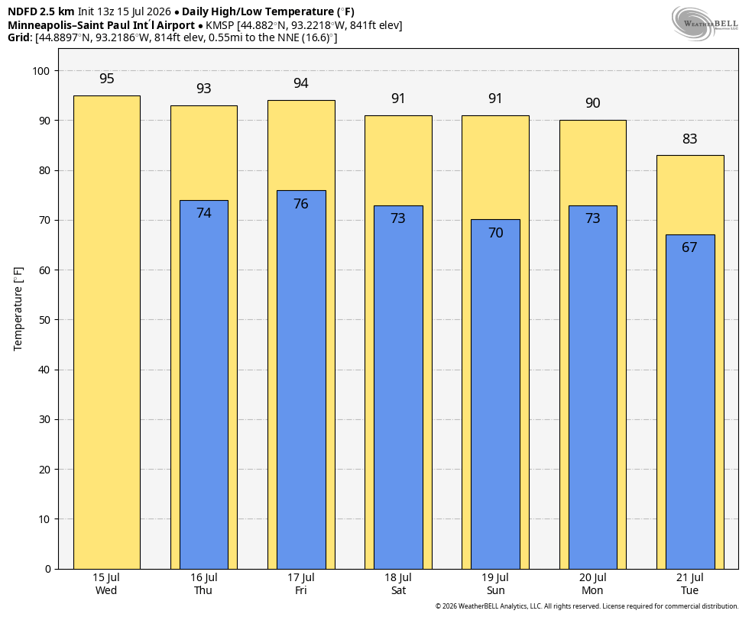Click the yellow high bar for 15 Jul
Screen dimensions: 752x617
tap(107, 332)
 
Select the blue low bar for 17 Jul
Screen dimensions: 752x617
tap(301, 380)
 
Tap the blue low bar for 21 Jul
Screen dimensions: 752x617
tap(690, 402)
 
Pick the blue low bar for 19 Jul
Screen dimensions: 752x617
tap(495, 394)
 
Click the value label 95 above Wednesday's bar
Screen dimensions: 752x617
tap(107, 79)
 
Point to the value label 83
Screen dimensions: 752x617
tap(689, 138)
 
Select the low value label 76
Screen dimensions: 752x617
tap(300, 204)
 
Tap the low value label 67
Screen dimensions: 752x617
tap(689, 247)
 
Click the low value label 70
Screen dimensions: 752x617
tap(495, 233)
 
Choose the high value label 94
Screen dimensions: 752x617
tap(300, 83)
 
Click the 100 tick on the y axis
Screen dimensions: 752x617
tap(41, 71)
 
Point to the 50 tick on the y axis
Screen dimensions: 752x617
tap(44, 320)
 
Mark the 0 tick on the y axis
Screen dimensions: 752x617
tap(47, 569)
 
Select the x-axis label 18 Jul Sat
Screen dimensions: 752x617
tap(398, 584)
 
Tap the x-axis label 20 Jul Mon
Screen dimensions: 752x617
tap(593, 584)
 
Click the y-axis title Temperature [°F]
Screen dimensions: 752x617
tap(18, 309)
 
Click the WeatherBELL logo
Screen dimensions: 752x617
tap(705, 23)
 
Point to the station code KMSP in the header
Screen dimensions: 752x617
tap(219, 25)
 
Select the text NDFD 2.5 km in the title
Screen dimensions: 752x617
tap(41, 11)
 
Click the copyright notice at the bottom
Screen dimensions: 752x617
tap(586, 606)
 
